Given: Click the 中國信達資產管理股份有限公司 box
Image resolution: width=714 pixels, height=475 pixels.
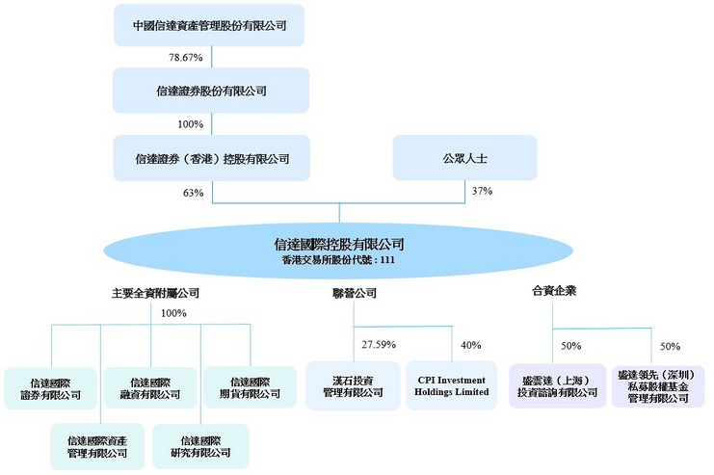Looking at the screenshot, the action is pyautogui.click(x=209, y=25).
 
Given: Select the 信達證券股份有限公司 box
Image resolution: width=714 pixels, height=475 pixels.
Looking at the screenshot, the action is pyautogui.click(x=211, y=91).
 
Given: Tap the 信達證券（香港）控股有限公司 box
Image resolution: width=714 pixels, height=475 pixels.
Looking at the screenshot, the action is pyautogui.click(x=212, y=158).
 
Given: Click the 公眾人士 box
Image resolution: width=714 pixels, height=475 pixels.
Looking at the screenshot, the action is pyautogui.click(x=465, y=158).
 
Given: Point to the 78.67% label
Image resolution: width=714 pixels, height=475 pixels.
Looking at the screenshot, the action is pyautogui.click(x=186, y=58).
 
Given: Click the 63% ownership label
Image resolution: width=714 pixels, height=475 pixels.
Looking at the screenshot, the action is pyautogui.click(x=193, y=193).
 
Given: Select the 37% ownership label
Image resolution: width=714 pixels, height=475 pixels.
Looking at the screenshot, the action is pyautogui.click(x=482, y=191).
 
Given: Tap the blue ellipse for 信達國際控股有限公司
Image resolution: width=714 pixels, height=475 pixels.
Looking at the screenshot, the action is pyautogui.click(x=338, y=251).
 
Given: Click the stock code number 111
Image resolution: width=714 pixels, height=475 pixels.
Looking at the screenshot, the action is pyautogui.click(x=387, y=260).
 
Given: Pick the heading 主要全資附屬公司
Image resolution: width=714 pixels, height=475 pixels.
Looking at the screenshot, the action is pyautogui.click(x=155, y=293).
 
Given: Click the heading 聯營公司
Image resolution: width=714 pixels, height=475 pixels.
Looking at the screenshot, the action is pyautogui.click(x=355, y=293).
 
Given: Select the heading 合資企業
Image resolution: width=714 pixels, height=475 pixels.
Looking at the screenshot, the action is pyautogui.click(x=554, y=291).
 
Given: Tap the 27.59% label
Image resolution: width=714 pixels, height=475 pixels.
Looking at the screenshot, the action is pyautogui.click(x=379, y=344).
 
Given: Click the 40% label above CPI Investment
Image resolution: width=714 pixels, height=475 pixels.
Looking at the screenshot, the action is pyautogui.click(x=471, y=345).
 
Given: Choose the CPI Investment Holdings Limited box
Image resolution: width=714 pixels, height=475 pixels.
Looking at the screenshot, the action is pyautogui.click(x=452, y=385).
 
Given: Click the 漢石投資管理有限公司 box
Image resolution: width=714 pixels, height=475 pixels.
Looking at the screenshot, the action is pyautogui.click(x=353, y=385).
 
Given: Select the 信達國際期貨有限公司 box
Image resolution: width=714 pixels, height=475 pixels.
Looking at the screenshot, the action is pyautogui.click(x=250, y=387).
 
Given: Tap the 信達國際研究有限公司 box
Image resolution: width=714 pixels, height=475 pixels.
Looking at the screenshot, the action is pyautogui.click(x=200, y=446).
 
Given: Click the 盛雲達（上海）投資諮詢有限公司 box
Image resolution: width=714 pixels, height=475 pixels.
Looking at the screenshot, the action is pyautogui.click(x=557, y=385).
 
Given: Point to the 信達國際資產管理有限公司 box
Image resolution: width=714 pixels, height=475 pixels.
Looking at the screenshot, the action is pyautogui.click(x=97, y=446).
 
